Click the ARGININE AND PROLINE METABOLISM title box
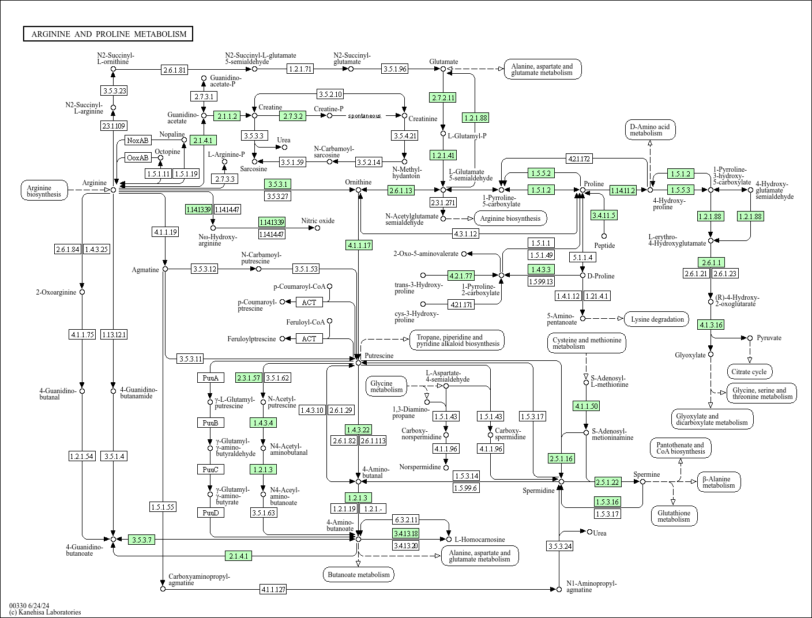108,34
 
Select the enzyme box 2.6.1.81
175,70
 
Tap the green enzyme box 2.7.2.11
442,97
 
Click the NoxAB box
138,140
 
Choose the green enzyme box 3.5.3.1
277,184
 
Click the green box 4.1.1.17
359,245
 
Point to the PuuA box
210,378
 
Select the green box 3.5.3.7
141,540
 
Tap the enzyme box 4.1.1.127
273,589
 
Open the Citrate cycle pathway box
750,372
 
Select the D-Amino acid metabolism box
649,130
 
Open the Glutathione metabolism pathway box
674,516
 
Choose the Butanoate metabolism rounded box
359,574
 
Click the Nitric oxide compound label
318,221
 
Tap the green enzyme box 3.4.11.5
604,215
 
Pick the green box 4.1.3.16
710,325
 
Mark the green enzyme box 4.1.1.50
586,406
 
